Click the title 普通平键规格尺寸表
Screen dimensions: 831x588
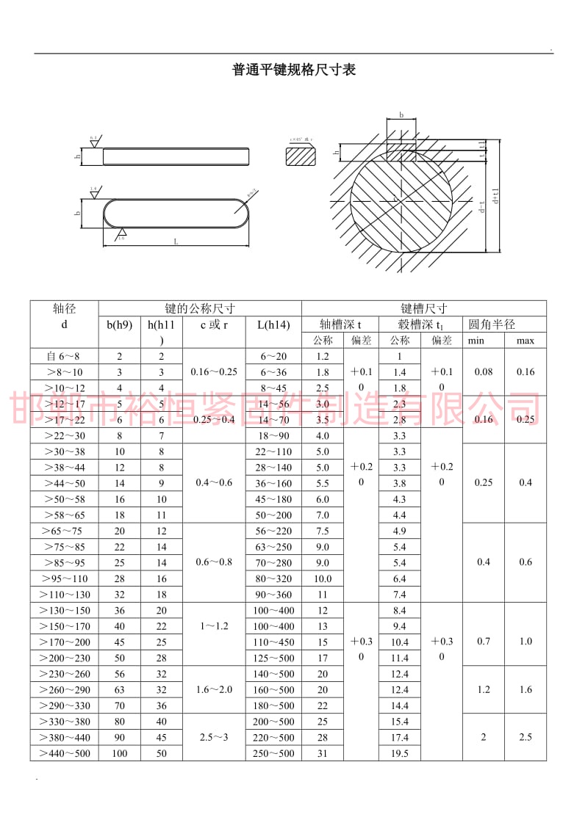click(294, 70)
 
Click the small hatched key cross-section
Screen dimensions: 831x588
click(300, 156)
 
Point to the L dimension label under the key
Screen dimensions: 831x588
click(176, 241)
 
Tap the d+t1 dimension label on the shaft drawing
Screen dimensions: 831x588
click(497, 195)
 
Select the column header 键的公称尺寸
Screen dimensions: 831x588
click(200, 308)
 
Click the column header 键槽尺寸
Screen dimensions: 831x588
click(423, 308)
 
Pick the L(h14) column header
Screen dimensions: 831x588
click(273, 324)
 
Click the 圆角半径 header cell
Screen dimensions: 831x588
click(492, 324)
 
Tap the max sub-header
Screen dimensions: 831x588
click(525, 341)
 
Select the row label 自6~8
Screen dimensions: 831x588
click(65, 356)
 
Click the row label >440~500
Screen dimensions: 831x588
click(65, 753)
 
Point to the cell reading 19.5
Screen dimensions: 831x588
click(399, 753)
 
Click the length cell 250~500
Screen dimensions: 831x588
click(273, 753)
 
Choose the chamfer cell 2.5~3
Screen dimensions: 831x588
click(214, 737)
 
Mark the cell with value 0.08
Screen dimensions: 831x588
click(483, 371)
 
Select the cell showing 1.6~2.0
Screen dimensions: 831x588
click(214, 689)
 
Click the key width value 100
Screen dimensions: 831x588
click(120, 753)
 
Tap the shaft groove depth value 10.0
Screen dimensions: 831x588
click(323, 578)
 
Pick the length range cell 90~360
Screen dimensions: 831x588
click(273, 595)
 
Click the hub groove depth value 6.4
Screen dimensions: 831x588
click(399, 578)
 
